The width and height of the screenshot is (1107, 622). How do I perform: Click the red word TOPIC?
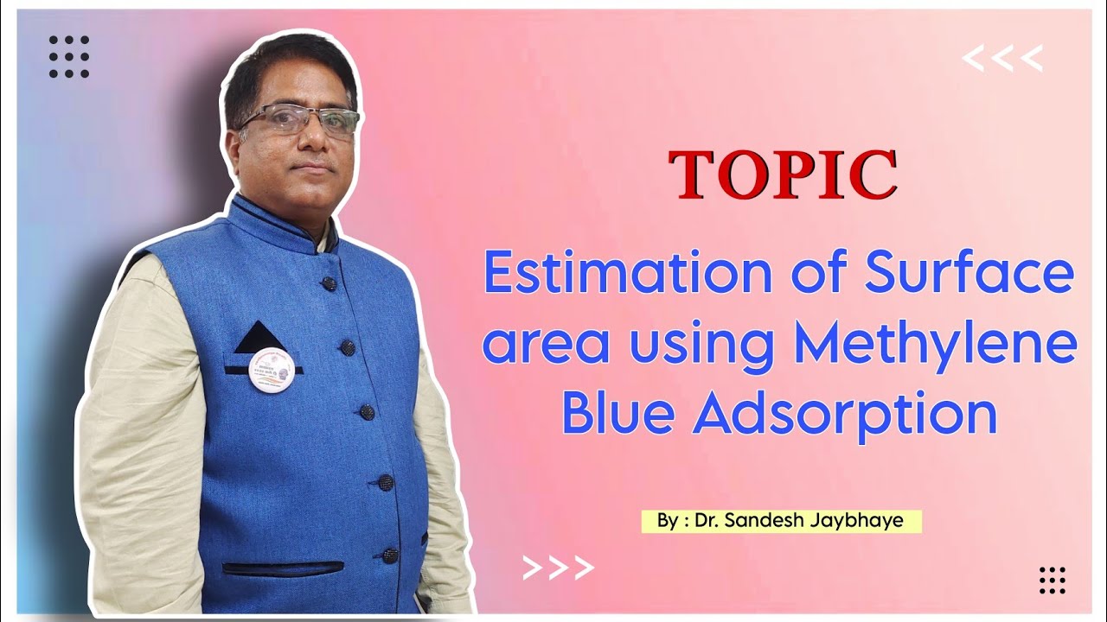point(783,175)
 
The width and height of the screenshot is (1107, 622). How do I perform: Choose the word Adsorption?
point(845,415)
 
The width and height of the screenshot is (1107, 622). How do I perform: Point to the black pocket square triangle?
point(260,339)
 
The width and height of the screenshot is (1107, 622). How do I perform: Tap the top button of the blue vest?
point(330,282)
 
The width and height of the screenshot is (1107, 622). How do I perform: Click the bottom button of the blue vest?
point(390,555)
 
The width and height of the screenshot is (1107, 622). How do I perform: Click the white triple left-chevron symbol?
point(1002,60)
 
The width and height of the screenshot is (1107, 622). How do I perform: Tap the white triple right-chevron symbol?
point(559,567)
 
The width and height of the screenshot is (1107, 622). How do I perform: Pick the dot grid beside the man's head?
point(69,57)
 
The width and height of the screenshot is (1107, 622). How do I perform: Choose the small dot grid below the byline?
point(1053,580)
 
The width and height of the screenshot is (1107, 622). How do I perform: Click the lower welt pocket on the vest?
point(283,568)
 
